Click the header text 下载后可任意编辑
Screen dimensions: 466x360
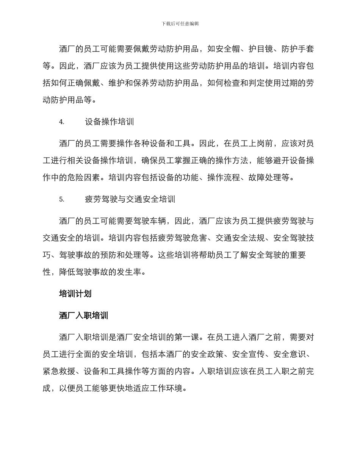click(180, 23)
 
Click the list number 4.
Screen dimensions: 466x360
click(62, 122)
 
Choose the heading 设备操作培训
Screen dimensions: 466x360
click(110, 122)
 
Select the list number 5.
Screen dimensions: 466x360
click(62, 200)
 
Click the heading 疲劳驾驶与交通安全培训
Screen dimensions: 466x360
click(130, 200)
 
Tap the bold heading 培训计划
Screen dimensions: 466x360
click(75, 294)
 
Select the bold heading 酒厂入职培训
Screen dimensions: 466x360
click(84, 315)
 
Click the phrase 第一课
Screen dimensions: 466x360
click(174, 337)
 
